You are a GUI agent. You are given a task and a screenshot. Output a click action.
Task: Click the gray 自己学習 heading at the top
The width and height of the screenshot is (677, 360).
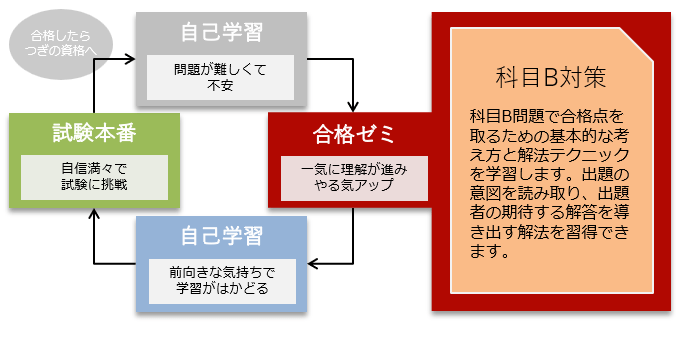click(221, 32)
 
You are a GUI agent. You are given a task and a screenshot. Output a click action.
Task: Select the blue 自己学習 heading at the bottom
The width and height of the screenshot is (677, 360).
click(221, 237)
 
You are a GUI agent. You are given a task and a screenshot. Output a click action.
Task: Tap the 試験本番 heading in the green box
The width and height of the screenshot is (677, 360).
click(93, 134)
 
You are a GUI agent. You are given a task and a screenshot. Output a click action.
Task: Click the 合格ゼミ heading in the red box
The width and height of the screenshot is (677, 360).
click(354, 134)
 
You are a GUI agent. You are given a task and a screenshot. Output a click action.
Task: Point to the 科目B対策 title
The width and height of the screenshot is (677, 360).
click(551, 77)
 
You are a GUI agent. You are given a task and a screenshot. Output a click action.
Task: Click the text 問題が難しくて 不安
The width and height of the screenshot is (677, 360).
click(221, 76)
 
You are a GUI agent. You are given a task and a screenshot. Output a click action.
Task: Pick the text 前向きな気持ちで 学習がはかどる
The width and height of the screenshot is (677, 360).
click(221, 280)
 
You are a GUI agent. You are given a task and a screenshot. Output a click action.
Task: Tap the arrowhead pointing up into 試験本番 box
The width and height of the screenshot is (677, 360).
click(93, 211)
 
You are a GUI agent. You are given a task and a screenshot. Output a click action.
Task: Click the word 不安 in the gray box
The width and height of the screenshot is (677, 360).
click(221, 85)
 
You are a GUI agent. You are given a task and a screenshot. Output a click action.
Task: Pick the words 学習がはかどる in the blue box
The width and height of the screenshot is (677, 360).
click(221, 289)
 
